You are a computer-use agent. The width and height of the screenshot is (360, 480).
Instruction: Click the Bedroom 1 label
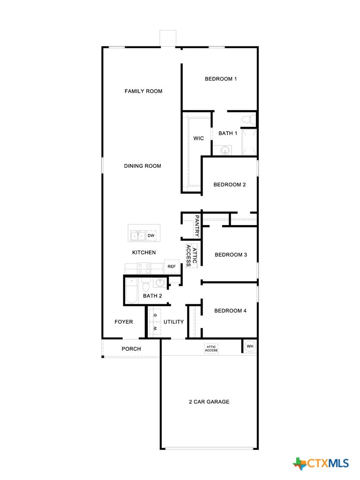tap(220, 79)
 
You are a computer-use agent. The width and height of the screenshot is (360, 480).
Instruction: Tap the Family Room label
tap(143, 91)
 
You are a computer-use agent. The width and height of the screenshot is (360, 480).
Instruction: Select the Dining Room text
tap(142, 166)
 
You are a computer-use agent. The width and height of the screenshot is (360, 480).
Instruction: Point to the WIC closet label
tap(198, 138)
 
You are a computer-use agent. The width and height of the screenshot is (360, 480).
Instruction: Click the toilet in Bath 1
tap(249, 120)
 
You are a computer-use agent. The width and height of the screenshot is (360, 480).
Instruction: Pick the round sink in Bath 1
tap(225, 150)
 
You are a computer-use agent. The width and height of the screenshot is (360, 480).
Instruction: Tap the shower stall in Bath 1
tap(249, 142)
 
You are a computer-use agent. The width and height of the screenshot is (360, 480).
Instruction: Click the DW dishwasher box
tap(151, 235)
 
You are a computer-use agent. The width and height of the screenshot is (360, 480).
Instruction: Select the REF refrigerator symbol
tap(172, 266)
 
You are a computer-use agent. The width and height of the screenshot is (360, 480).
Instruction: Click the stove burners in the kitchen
tap(144, 268)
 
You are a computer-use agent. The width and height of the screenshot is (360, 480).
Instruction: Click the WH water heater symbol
tap(250, 346)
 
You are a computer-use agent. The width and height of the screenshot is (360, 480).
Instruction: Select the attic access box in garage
tap(211, 349)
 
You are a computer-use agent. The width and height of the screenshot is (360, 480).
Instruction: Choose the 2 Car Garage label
tap(209, 402)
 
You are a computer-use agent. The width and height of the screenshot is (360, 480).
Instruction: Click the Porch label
tap(131, 349)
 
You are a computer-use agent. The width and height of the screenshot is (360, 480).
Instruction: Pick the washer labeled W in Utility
tap(155, 328)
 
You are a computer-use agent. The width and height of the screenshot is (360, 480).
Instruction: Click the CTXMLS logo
tap(321, 464)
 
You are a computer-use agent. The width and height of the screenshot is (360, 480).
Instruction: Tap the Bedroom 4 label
tap(230, 311)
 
